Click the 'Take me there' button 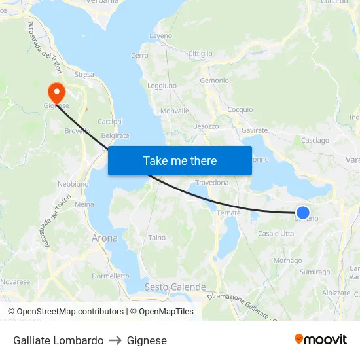click(180, 160)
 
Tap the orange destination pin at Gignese click(56, 93)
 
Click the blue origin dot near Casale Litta click(303, 212)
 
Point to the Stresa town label click(84, 75)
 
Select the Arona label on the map click(105, 238)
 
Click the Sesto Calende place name click(175, 287)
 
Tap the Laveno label click(160, 35)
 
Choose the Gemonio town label click(214, 81)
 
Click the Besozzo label click(206, 126)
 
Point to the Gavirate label click(255, 130)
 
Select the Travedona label click(211, 182)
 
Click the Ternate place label click(228, 213)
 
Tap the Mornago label click(287, 261)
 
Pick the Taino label click(157, 238)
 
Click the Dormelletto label click(111, 276)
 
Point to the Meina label click(84, 204)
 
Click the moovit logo click(321, 340)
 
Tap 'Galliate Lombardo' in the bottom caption click(58, 340)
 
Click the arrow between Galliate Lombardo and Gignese click(115, 340)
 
